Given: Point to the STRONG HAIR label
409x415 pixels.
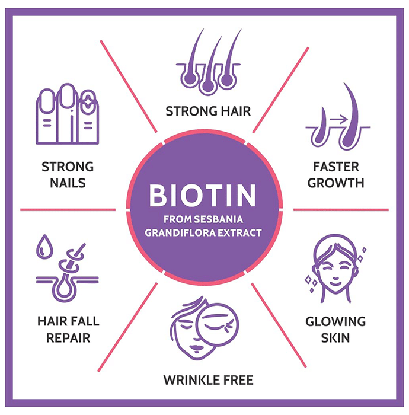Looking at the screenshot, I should tap(208, 111).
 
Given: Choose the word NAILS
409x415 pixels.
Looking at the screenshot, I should tap(68, 183).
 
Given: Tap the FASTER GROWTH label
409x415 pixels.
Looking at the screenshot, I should tap(335, 174).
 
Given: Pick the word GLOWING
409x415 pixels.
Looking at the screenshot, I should tap(335, 322).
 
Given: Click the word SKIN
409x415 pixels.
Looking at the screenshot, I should tap(335, 338).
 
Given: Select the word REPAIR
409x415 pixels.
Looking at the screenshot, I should tap(66, 338).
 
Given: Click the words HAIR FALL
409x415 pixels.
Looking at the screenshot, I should tap(66, 322).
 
